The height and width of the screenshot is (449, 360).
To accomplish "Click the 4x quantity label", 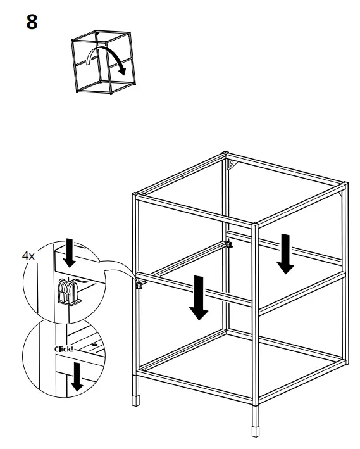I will [28, 256].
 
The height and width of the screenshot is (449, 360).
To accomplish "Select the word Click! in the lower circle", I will [64, 349].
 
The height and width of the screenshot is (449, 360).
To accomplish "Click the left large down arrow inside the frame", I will [199, 298].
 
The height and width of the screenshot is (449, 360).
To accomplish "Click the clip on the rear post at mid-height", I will [230, 243].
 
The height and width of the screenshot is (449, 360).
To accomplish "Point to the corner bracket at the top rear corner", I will [232, 164].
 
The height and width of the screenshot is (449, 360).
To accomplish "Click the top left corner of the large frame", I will [135, 194].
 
